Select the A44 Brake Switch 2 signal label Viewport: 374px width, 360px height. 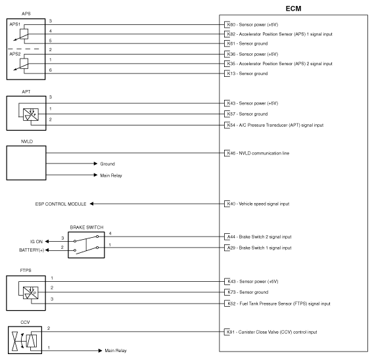coord(265,236)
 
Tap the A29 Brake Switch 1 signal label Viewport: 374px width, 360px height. coord(265,248)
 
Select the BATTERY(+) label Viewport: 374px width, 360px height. coord(34,250)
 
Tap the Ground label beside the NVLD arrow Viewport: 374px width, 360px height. coord(108,163)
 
